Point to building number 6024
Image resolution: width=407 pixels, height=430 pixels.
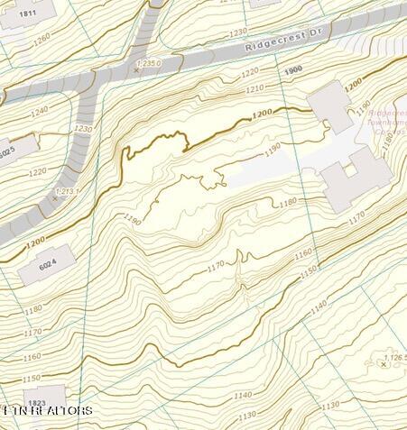48,261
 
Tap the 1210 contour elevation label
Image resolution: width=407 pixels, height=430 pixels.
254,87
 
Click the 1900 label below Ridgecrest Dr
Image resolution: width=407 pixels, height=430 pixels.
292,70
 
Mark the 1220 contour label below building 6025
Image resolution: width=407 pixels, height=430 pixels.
38,170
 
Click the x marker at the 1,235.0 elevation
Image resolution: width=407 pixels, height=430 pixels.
136,69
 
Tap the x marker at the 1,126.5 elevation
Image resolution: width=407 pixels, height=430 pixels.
383,364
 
